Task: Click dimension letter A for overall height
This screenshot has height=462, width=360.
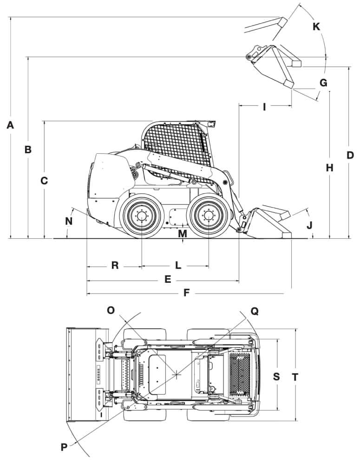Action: (x=10, y=125)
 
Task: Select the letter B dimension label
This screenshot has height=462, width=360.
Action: (x=28, y=150)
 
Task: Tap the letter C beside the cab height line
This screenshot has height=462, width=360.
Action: (x=44, y=181)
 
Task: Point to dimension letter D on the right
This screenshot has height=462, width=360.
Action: (x=350, y=155)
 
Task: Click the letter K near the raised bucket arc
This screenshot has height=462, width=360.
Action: (x=316, y=26)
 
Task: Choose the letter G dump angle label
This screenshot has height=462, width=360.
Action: (x=323, y=83)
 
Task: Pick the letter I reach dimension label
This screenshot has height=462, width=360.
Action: (x=264, y=107)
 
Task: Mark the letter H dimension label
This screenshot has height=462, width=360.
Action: (x=330, y=168)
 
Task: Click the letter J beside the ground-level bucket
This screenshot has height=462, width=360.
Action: (x=309, y=225)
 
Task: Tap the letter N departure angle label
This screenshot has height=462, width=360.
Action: (x=69, y=221)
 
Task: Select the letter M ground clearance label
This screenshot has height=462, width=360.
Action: (x=183, y=234)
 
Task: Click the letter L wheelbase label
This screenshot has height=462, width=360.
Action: (x=178, y=266)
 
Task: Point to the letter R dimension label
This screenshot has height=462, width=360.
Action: (x=115, y=266)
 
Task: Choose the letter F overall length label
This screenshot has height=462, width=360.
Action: (x=186, y=293)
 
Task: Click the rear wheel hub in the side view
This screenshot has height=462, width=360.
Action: (x=142, y=216)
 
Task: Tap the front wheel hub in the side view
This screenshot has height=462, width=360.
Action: (x=209, y=216)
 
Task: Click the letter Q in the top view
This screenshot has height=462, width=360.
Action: (x=255, y=311)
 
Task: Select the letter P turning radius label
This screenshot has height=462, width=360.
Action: (x=64, y=447)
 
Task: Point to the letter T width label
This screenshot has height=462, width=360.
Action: (x=295, y=377)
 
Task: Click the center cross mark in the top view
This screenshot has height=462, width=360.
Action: (x=177, y=375)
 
